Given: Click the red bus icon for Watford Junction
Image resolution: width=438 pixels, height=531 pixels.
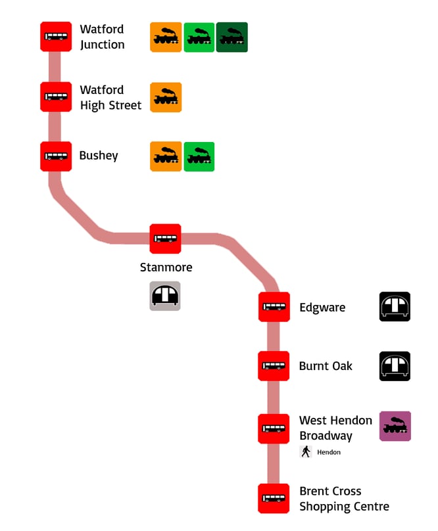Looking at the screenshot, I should tap(56, 37).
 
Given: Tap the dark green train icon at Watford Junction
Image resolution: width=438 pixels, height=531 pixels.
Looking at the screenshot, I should tap(232, 37).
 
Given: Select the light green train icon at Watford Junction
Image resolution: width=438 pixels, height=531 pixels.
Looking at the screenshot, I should tap(199, 37).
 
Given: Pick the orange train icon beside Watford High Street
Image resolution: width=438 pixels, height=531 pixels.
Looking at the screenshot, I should tap(166, 97).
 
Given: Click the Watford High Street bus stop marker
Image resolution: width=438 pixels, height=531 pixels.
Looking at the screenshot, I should tap(56, 97).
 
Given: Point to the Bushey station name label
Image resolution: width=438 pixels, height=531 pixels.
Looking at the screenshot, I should tap(99, 156).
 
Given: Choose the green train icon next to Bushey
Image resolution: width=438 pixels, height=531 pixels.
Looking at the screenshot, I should tap(199, 156).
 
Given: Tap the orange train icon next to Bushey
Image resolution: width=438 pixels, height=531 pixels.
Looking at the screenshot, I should tap(166, 156).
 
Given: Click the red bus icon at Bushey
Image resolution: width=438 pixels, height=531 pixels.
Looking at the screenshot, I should tap(56, 156).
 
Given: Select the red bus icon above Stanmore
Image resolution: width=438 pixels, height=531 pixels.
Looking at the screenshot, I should tap(165, 239).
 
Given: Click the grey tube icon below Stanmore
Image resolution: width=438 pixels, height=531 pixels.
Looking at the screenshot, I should tap(165, 296).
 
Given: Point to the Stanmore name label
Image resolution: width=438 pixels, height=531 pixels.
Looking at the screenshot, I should tap(166, 267).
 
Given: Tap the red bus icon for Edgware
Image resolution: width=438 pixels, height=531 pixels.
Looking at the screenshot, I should tap(274, 306).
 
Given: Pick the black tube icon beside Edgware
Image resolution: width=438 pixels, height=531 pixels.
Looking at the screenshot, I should tap(395, 307).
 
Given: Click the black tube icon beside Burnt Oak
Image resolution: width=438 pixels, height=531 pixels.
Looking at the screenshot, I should tap(395, 366).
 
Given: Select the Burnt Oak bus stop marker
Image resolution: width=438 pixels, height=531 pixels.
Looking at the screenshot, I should tap(274, 366).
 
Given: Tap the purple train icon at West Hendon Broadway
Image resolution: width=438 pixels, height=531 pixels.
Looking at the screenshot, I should tap(395, 426).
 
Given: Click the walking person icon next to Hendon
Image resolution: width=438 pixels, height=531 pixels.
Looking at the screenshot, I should tap(306, 452).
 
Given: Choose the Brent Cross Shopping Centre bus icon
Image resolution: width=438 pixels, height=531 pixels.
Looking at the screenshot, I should tap(274, 499).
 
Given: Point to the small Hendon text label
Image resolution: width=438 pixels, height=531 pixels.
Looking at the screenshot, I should tap(329, 452).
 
